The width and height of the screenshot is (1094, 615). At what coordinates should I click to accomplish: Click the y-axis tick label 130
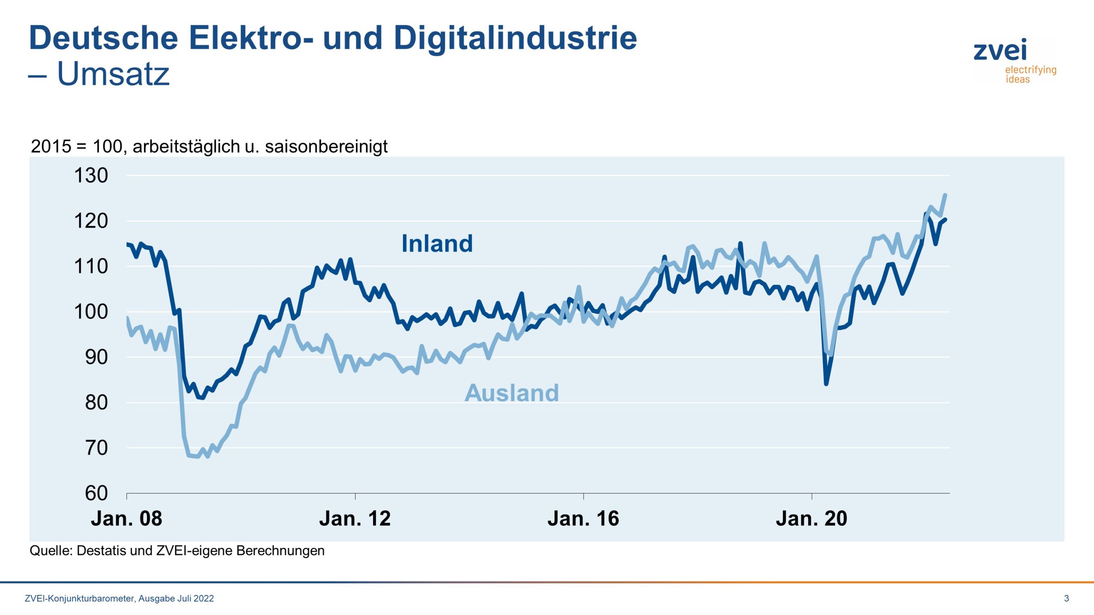click(x=91, y=176)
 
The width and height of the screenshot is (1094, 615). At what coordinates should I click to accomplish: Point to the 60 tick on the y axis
click(x=96, y=493)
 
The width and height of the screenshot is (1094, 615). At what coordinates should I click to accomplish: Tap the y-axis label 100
click(x=91, y=312)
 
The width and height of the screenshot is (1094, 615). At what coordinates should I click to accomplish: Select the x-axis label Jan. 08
click(x=126, y=518)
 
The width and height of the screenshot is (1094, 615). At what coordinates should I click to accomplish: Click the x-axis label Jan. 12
click(x=355, y=518)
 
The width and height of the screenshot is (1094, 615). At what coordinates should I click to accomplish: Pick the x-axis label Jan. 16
click(x=583, y=518)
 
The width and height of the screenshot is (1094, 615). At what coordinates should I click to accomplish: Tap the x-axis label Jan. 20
click(x=811, y=518)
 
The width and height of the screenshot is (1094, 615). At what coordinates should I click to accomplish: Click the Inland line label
click(x=437, y=244)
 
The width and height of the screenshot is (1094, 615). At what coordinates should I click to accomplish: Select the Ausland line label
click(x=512, y=393)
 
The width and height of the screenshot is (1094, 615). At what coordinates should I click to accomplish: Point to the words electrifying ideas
click(x=1030, y=74)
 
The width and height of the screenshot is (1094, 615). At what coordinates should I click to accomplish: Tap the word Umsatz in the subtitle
click(x=113, y=74)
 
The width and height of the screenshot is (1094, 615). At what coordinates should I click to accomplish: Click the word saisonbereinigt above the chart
click(x=326, y=146)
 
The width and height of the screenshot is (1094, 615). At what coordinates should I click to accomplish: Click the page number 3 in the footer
click(x=1066, y=598)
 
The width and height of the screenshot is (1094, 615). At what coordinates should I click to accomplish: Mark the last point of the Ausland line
click(x=945, y=195)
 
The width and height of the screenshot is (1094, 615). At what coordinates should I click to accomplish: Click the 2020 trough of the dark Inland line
click(x=826, y=384)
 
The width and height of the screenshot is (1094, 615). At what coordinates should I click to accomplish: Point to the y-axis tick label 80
click(x=96, y=403)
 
